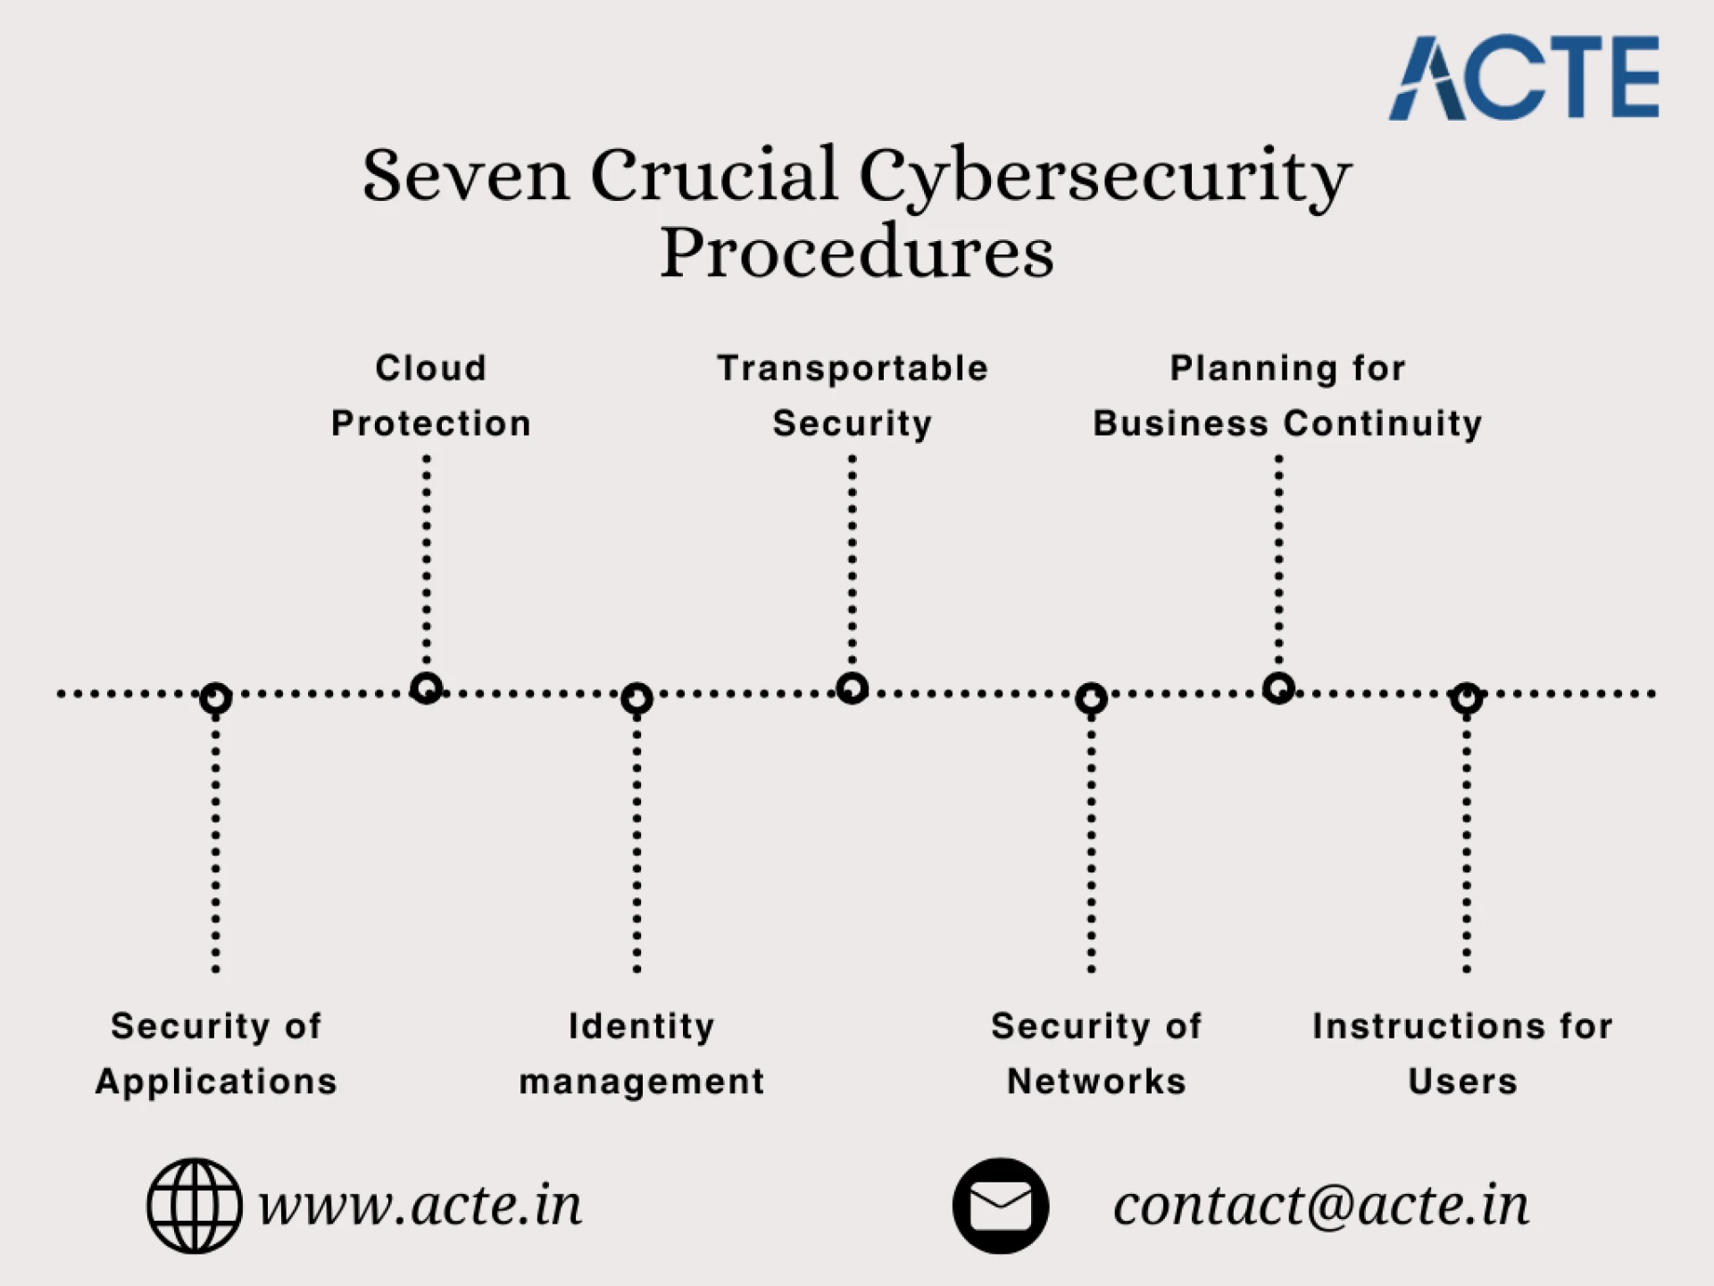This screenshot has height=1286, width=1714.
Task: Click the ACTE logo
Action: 1524,78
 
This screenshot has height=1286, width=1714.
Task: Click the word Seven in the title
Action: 465,175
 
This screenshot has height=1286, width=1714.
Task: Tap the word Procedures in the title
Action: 856,252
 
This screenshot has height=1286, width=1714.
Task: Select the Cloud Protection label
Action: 430,396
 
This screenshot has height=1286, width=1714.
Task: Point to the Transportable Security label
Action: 853,396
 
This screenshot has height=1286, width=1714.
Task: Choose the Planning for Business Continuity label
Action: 1287,396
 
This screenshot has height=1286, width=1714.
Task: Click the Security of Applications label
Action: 216,1054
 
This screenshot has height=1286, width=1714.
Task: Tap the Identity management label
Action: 641,1054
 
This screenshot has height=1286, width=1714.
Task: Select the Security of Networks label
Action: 1096,1054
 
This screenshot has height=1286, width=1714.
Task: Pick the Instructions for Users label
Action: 1462,1054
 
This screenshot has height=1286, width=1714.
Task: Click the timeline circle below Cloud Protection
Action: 427,688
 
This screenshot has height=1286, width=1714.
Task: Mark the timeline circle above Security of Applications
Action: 216,698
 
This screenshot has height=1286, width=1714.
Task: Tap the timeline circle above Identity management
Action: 637,698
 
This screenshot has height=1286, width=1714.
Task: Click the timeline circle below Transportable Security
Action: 853,688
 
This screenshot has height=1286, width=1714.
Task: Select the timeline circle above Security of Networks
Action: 1091,698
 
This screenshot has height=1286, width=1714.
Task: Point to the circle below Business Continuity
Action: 1279,688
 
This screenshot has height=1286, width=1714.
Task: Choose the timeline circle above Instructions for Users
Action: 1467,698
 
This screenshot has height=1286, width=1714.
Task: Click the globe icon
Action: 194,1206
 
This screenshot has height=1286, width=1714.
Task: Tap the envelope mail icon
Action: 1000,1206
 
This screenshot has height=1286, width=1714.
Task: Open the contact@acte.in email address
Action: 1320,1206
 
